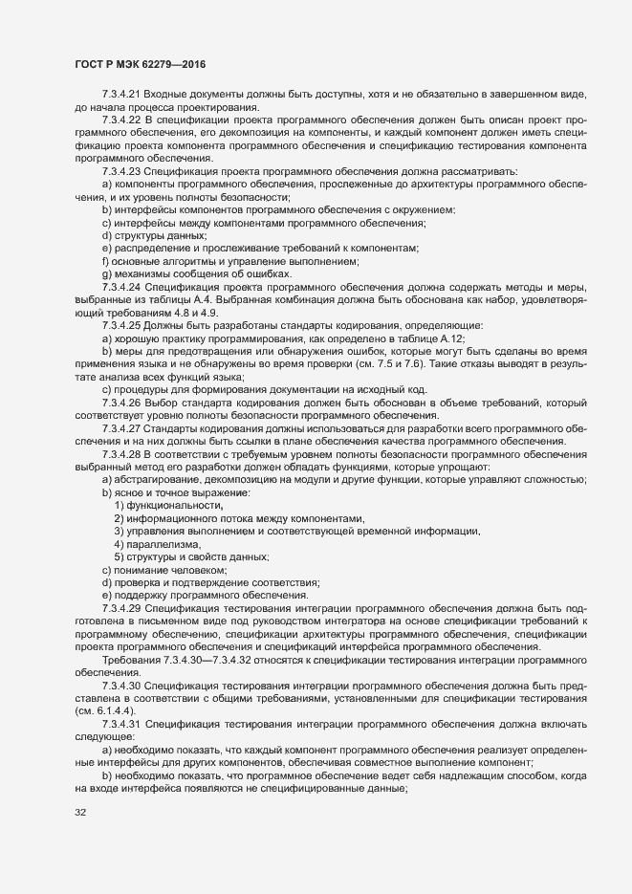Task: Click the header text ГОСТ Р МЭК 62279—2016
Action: tap(140, 64)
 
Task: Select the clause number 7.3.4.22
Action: tap(121, 121)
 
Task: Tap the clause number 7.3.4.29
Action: tap(121, 608)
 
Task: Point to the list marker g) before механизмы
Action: tap(106, 273)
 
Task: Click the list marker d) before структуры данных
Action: tap(106, 234)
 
